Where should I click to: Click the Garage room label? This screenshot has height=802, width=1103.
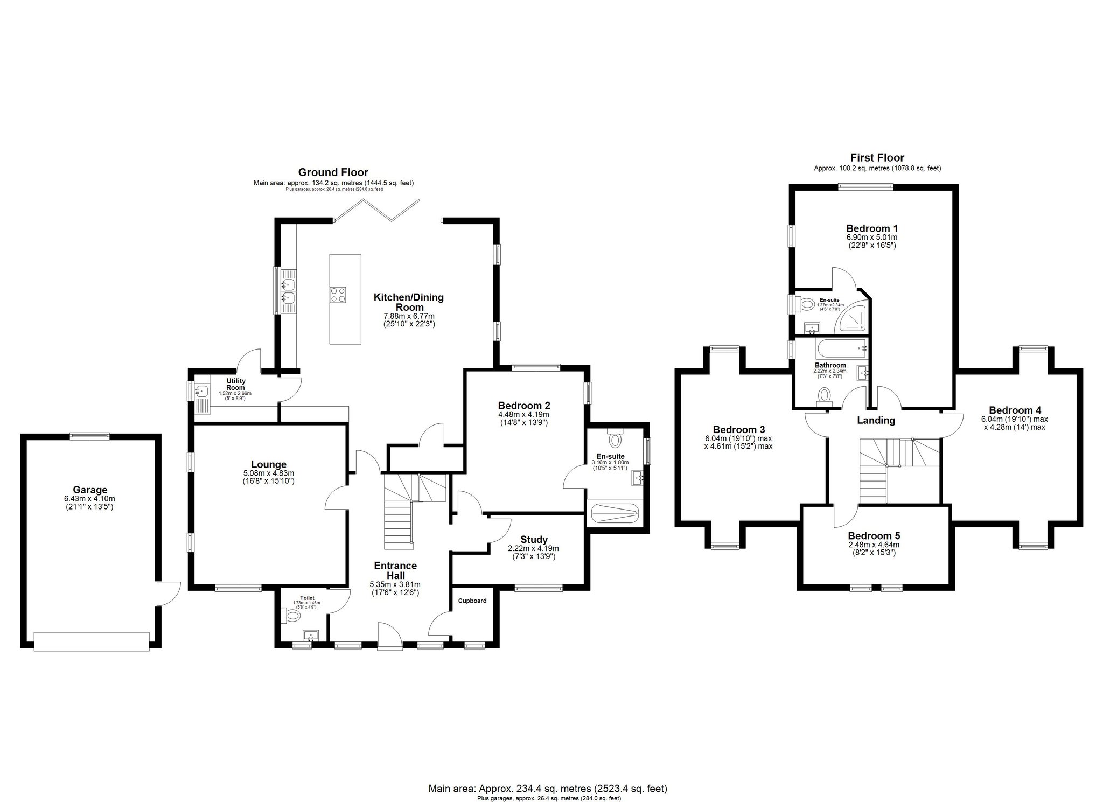point(90,490)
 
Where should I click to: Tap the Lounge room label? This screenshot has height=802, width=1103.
point(268,464)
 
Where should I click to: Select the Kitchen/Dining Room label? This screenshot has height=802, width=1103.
point(409,302)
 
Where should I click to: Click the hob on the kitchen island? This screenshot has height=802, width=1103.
point(338,294)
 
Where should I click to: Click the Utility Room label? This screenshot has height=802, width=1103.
point(235,384)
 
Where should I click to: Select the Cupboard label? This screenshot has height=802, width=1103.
point(472,601)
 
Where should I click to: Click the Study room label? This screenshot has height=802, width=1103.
point(534,539)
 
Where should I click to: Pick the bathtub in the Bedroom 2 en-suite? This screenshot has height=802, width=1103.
point(615,513)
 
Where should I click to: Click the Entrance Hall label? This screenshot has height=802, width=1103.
point(395,570)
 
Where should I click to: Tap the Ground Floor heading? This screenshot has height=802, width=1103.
point(333,172)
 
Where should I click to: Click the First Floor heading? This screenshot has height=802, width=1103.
point(877,158)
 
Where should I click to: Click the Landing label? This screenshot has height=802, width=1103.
point(876,420)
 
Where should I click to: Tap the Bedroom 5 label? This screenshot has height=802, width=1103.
point(874,536)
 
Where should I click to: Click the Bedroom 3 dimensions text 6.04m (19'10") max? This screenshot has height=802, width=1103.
point(738,438)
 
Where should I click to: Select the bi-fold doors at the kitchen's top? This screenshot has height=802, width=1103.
point(376,211)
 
